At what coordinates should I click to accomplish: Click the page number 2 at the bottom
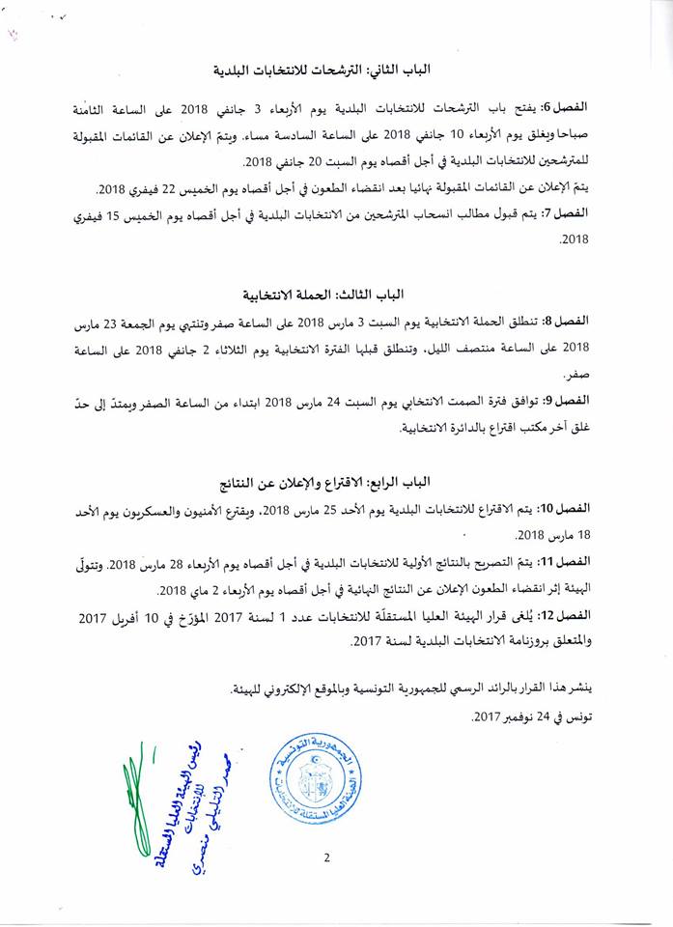327,857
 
